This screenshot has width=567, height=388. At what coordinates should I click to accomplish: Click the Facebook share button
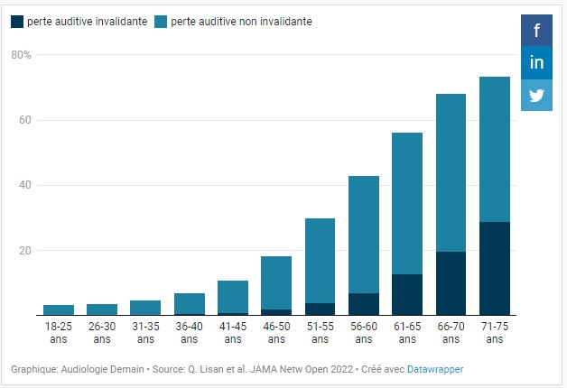pyautogui.click(x=536, y=31)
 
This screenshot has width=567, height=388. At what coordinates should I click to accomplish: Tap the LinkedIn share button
pyautogui.click(x=536, y=62)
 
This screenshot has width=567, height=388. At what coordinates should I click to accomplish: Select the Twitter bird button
pyautogui.click(x=536, y=95)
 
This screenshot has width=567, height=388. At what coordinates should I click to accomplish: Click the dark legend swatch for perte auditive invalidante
pyautogui.click(x=17, y=21)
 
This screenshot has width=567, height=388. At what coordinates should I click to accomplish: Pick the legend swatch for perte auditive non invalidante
pyautogui.click(x=162, y=21)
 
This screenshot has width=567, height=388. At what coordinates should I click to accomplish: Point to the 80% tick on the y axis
pyautogui.click(x=22, y=55)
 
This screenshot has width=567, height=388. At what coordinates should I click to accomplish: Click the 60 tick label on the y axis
pyautogui.click(x=25, y=120)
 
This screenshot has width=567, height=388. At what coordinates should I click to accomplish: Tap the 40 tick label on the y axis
pyautogui.click(x=25, y=185)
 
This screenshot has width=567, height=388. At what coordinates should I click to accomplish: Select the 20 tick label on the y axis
pyautogui.click(x=25, y=250)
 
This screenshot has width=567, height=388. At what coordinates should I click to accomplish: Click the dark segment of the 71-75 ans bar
pyautogui.click(x=495, y=268)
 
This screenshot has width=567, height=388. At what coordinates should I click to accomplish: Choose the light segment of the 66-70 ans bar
pyautogui.click(x=451, y=172)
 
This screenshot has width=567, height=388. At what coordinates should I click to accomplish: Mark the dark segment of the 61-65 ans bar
pyautogui.click(x=407, y=294)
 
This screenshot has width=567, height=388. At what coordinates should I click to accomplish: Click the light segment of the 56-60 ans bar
pyautogui.click(x=364, y=234)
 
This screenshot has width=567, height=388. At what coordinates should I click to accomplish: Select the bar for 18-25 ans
pyautogui.click(x=59, y=310)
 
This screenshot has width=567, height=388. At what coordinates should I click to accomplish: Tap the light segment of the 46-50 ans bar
pyautogui.click(x=276, y=282)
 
